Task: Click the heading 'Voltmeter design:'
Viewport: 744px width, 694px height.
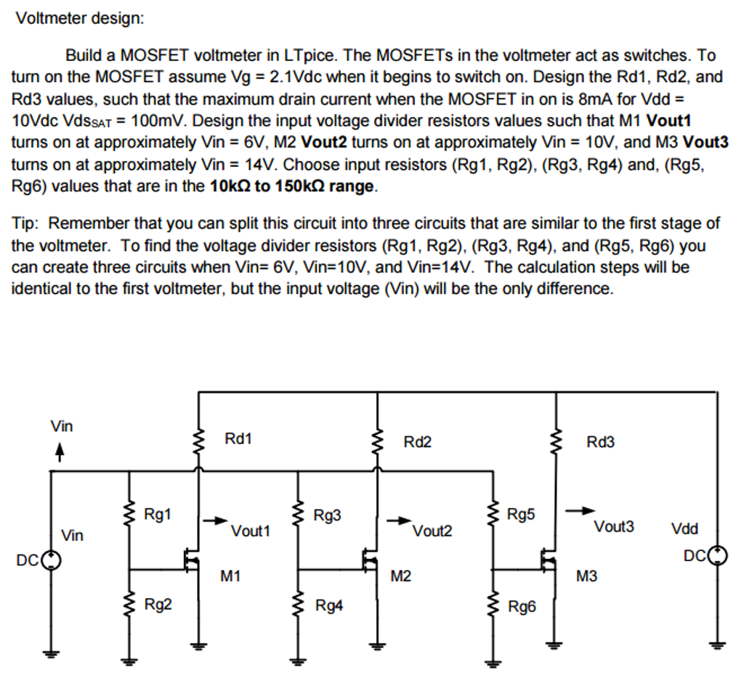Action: click(x=80, y=18)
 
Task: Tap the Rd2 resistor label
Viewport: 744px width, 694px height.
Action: click(x=417, y=442)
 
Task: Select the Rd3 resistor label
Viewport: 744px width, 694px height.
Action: click(x=600, y=442)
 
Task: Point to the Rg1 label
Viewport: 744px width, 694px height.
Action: click(x=158, y=515)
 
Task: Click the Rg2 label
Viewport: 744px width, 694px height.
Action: click(x=158, y=604)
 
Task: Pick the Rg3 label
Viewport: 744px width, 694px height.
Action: click(x=327, y=515)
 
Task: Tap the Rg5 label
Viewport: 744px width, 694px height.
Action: click(x=520, y=515)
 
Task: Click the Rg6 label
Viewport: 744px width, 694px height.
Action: click(x=522, y=606)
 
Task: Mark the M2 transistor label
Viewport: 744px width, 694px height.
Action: click(x=400, y=576)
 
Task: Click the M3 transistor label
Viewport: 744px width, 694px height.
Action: click(x=586, y=576)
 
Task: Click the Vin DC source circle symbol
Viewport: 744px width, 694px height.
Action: click(x=51, y=560)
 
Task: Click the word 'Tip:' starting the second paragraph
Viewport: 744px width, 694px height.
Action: click(x=27, y=223)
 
